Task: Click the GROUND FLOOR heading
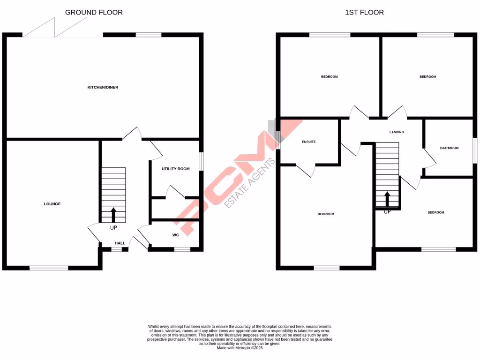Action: click(x=94, y=12)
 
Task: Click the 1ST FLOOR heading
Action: click(x=364, y=12)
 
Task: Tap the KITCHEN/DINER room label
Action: click(x=103, y=88)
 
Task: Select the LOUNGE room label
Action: click(x=52, y=204)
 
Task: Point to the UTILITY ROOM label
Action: click(x=175, y=169)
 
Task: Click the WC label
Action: click(x=175, y=235)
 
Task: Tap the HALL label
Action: click(x=120, y=243)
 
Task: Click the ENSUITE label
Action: click(x=308, y=141)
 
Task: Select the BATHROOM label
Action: click(x=449, y=148)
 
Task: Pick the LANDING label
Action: click(x=397, y=132)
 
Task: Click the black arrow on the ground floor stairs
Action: click(x=113, y=215)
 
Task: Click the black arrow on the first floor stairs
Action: click(x=387, y=199)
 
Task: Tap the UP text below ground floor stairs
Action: click(x=113, y=228)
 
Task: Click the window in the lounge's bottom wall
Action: click(x=49, y=268)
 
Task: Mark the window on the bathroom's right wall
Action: click(x=474, y=150)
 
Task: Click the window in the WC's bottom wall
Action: click(x=182, y=249)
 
